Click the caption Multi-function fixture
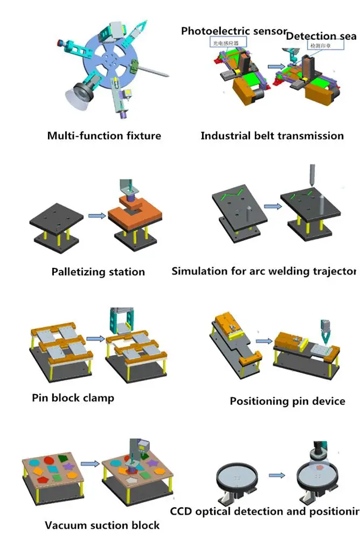point(104,135)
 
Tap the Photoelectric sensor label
point(233,31)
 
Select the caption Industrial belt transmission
point(272,135)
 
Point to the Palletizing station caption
point(98,272)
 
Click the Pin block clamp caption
point(73,398)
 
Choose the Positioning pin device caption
point(287,401)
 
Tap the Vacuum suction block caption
point(102,525)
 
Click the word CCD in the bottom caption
point(182,511)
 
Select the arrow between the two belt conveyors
point(275,67)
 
